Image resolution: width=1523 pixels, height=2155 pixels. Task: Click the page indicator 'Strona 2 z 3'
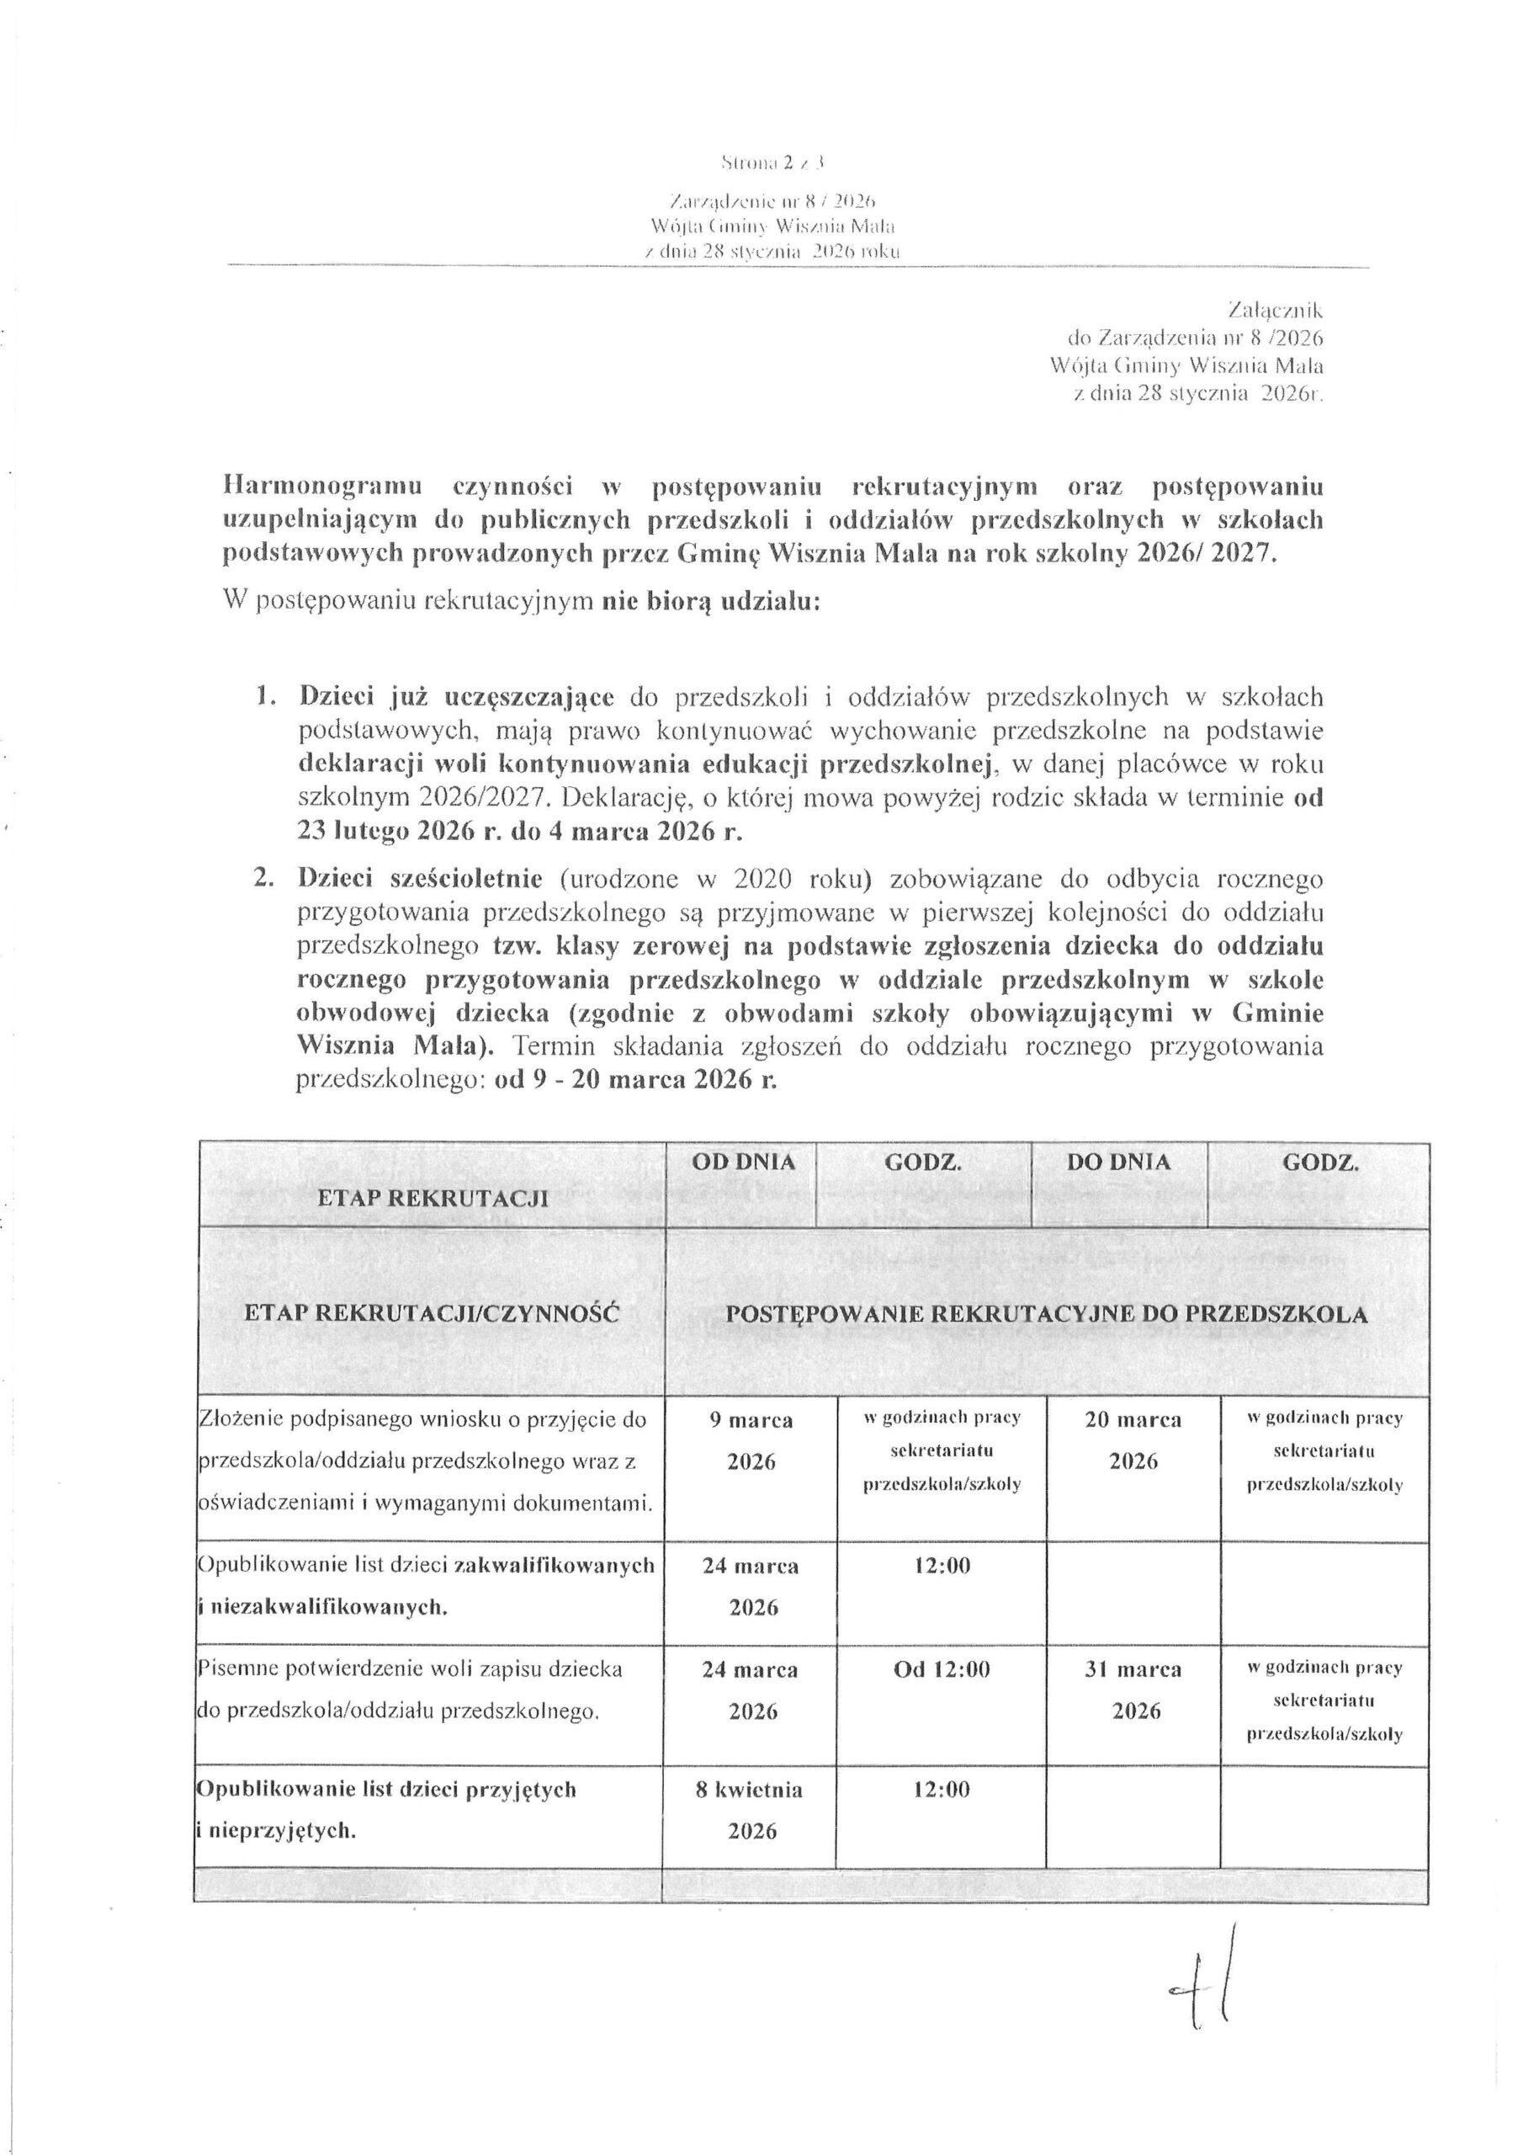(x=773, y=163)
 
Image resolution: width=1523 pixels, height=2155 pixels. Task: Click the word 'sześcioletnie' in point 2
(x=472, y=879)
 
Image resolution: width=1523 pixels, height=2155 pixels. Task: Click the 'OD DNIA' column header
(x=743, y=1162)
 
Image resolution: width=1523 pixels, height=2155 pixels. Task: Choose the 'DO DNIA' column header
(x=1118, y=1162)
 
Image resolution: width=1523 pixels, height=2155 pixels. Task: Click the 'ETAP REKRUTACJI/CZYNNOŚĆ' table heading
(x=432, y=1313)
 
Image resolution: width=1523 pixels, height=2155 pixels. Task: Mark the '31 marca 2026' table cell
(x=1134, y=1690)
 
